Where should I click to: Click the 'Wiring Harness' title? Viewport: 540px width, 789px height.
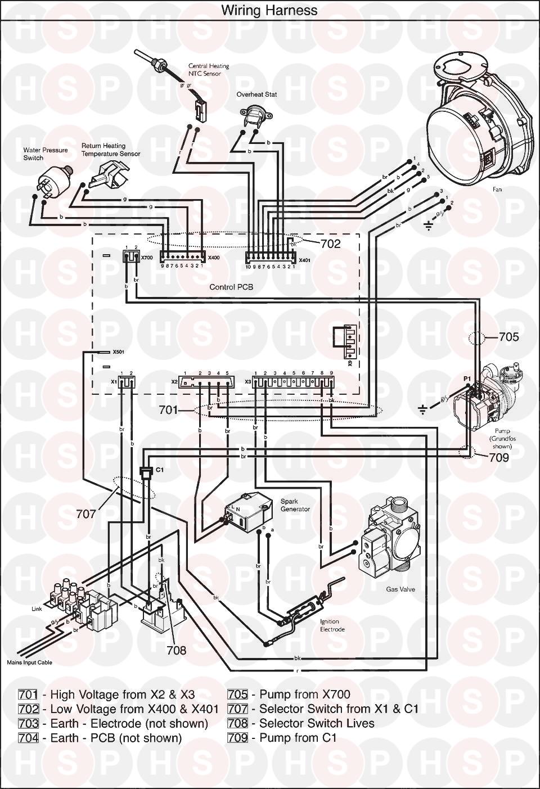tap(269, 10)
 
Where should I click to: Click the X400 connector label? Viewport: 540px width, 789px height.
tap(214, 258)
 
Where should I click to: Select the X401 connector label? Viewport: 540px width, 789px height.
tap(304, 260)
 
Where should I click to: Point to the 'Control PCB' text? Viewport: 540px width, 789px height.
tap(231, 287)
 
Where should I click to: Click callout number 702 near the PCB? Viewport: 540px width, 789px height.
tap(331, 244)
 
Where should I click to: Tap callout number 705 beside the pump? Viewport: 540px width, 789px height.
tap(508, 337)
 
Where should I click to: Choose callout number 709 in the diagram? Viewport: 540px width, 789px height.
tap(498, 457)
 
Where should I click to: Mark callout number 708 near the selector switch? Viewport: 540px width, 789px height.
tap(175, 650)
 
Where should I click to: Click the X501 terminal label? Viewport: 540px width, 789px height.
tap(118, 352)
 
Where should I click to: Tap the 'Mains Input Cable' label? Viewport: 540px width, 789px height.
tap(29, 662)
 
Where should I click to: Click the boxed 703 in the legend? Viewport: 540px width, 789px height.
tap(28, 723)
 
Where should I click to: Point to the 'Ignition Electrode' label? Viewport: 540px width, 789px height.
tap(332, 625)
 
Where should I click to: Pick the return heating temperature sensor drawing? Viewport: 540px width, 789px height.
tap(111, 174)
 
